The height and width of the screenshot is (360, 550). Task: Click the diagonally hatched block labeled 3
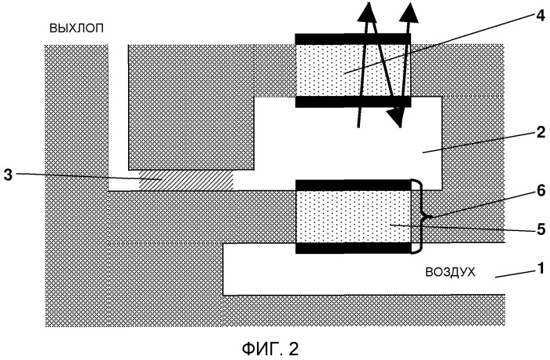tap(186, 180)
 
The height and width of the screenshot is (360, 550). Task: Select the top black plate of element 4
tap(352, 38)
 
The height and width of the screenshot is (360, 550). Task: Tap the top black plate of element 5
tap(352, 185)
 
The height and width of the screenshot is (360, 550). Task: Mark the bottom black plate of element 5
tap(352, 248)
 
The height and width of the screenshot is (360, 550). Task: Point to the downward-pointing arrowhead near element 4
tap(397, 116)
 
